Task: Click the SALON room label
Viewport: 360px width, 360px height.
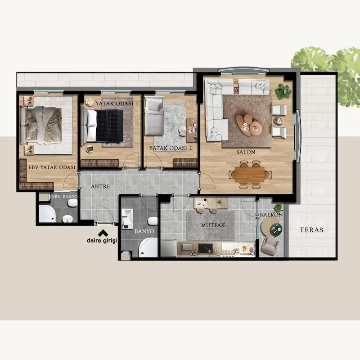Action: [246, 152]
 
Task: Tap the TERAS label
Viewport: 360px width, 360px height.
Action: [311, 230]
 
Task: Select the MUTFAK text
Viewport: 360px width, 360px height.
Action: [213, 225]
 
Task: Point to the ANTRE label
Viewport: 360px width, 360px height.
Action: [100, 186]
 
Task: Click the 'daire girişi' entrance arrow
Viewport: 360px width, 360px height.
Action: [103, 233]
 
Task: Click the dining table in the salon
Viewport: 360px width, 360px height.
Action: [250, 175]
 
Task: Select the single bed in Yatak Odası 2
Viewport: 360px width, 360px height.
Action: [154, 116]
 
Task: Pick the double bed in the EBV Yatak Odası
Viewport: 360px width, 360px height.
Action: [41, 126]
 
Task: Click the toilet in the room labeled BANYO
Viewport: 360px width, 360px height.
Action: [153, 221]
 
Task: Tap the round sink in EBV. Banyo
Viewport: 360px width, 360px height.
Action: [67, 219]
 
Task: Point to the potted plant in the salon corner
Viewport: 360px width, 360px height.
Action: [283, 91]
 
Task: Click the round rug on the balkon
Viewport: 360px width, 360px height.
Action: [271, 227]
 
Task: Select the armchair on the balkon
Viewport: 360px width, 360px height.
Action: [270, 246]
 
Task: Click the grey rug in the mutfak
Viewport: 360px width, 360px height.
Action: [211, 225]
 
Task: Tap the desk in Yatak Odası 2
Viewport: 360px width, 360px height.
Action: [192, 130]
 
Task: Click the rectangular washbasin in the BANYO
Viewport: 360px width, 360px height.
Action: [127, 219]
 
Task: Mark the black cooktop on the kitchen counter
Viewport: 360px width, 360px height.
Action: [205, 248]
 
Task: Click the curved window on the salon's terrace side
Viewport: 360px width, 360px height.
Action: [297, 136]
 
